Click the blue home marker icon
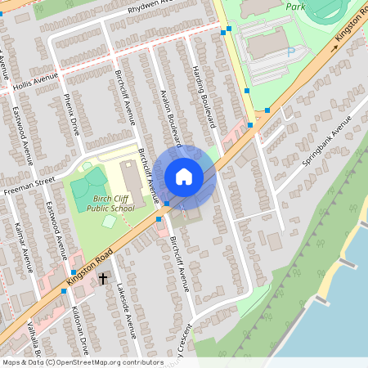(x=184, y=176)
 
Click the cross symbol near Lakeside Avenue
(x=104, y=279)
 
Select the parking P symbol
(x=290, y=52)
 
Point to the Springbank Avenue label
(x=325, y=141)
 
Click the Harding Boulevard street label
(x=204, y=96)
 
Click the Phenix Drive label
(x=71, y=114)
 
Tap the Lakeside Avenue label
(x=127, y=310)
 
